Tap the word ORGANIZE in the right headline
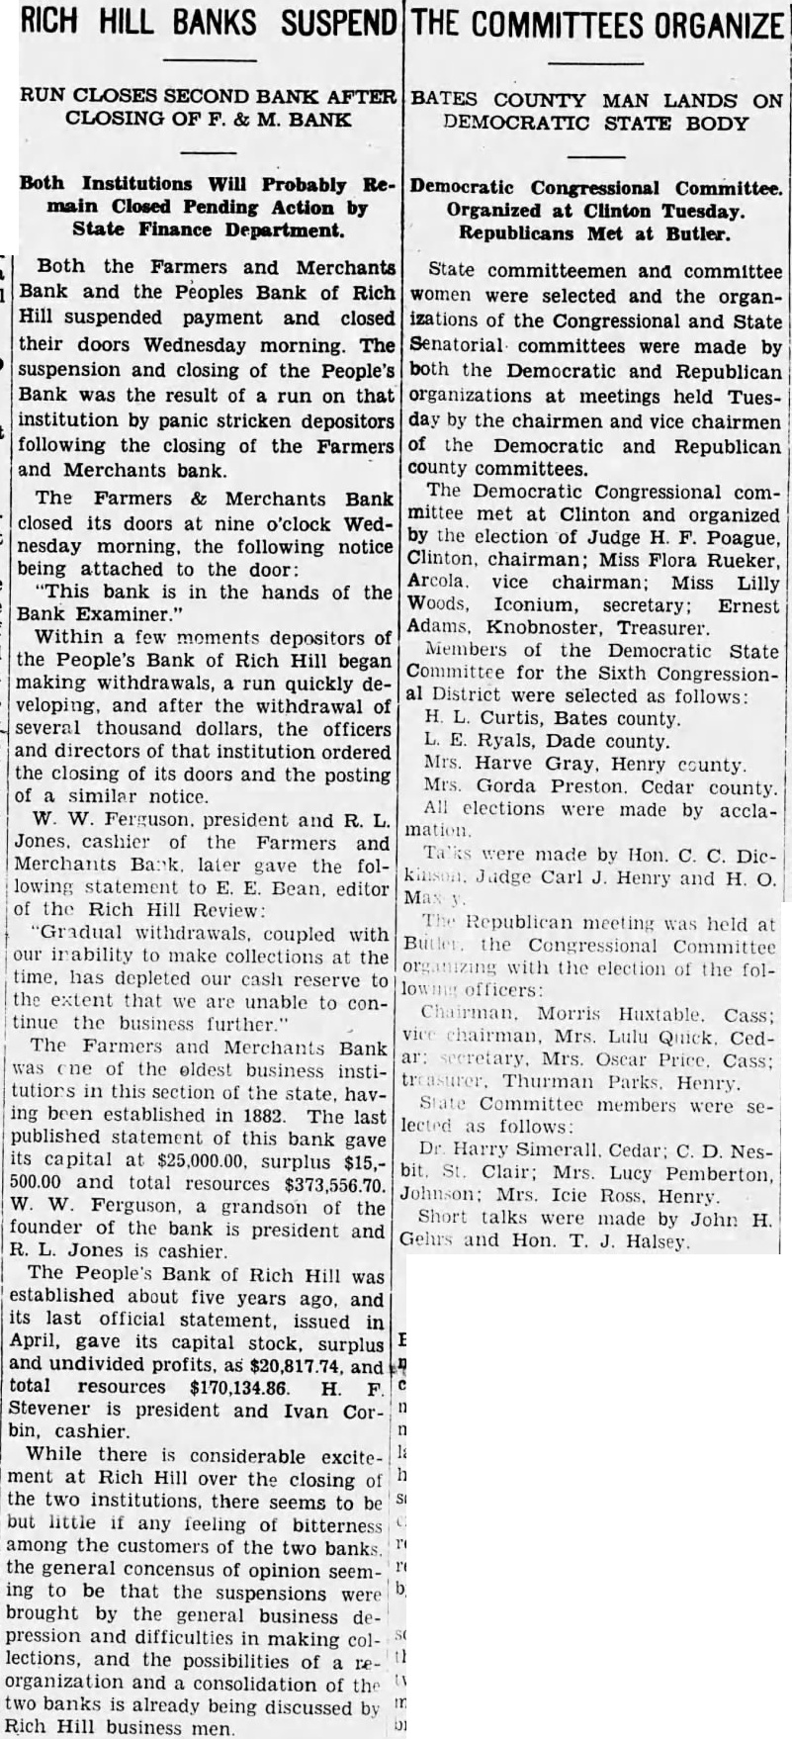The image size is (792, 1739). pos(691,24)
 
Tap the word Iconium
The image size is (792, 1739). pos(507,603)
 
